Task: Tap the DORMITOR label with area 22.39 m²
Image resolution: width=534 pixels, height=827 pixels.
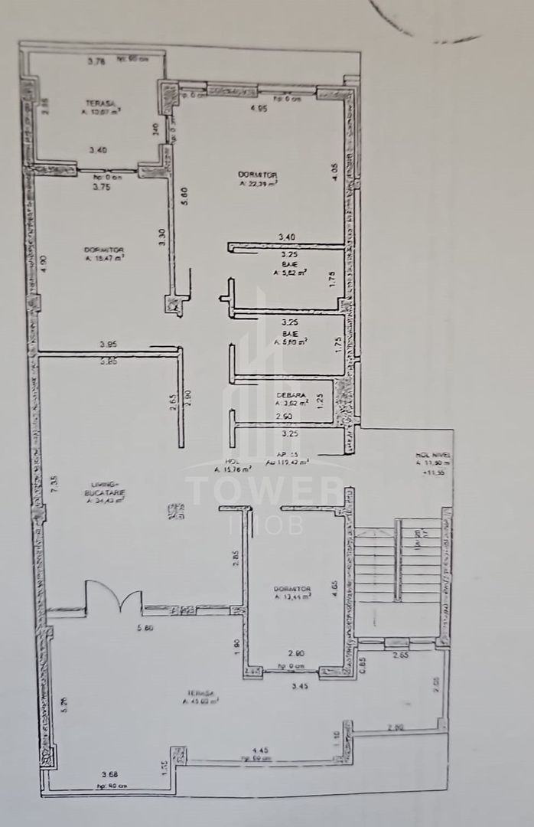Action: [257, 175]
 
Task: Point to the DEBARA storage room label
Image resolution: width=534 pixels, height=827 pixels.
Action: [291, 396]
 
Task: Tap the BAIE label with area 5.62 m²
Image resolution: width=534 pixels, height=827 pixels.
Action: [290, 264]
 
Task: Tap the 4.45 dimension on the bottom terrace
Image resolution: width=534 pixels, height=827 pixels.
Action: [260, 750]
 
